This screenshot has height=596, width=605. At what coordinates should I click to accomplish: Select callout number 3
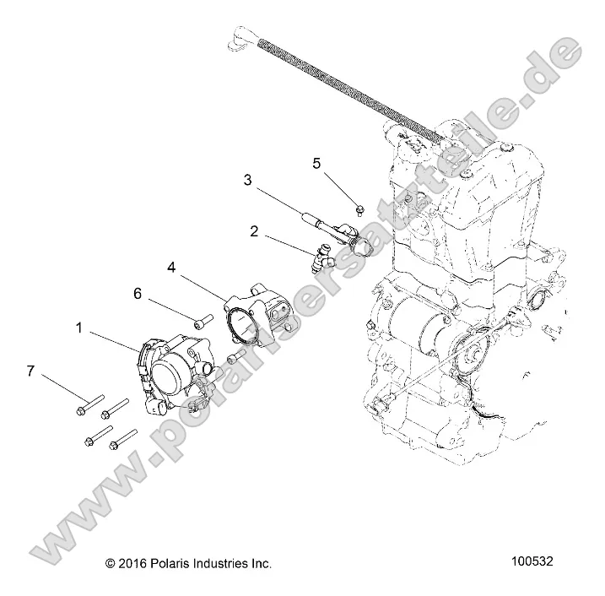pyautogui.click(x=247, y=179)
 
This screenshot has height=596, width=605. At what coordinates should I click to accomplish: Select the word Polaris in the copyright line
pyautogui.click(x=170, y=561)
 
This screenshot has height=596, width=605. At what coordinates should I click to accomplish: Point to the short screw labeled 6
pyautogui.click(x=202, y=321)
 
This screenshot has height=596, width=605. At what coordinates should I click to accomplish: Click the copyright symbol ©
pyautogui.click(x=109, y=561)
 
